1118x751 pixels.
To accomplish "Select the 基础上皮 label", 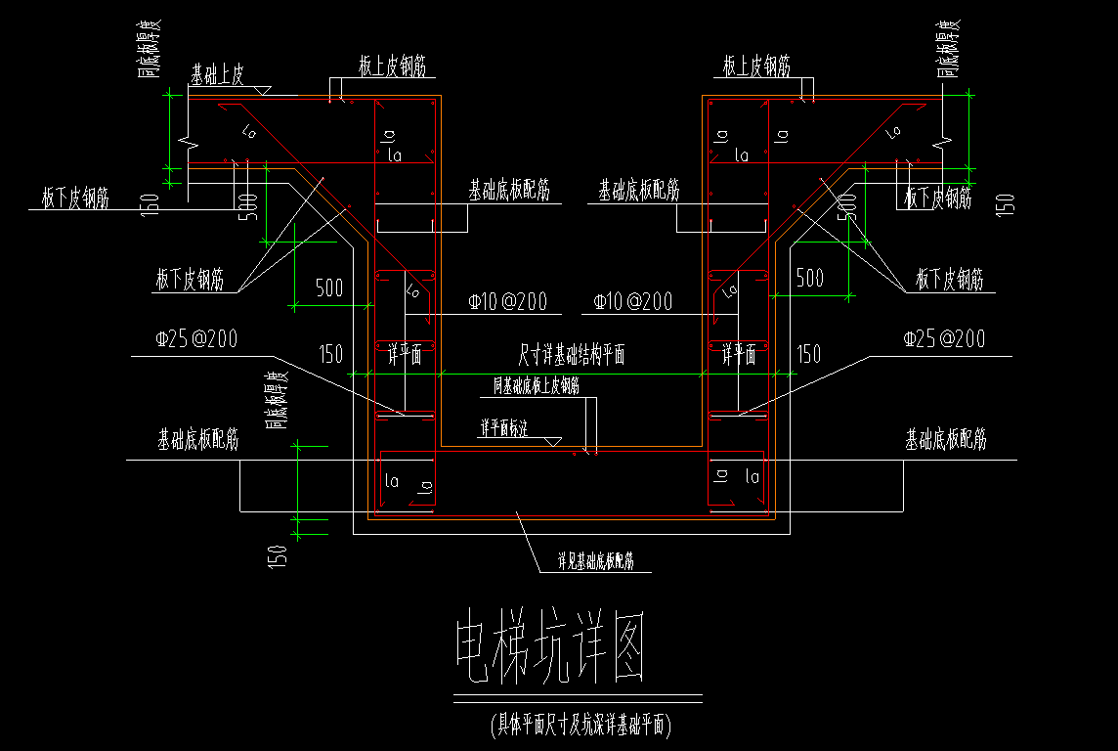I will point(222,73).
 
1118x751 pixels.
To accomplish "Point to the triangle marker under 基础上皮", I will point(261,90).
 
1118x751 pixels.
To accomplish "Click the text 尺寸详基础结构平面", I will point(571,355).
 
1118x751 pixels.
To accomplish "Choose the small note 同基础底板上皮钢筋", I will point(536,386).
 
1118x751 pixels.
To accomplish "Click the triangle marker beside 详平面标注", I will point(553,442).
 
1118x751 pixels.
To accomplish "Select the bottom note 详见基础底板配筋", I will point(596,561).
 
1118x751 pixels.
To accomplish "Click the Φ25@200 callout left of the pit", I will point(195,339).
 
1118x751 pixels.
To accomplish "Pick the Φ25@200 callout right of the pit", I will point(944,339).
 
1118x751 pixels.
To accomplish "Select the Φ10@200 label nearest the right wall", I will point(632,302).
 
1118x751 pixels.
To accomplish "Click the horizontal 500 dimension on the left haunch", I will point(328,287).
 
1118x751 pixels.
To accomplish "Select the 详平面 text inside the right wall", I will point(739,355).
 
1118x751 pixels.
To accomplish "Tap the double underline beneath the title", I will point(578,699).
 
